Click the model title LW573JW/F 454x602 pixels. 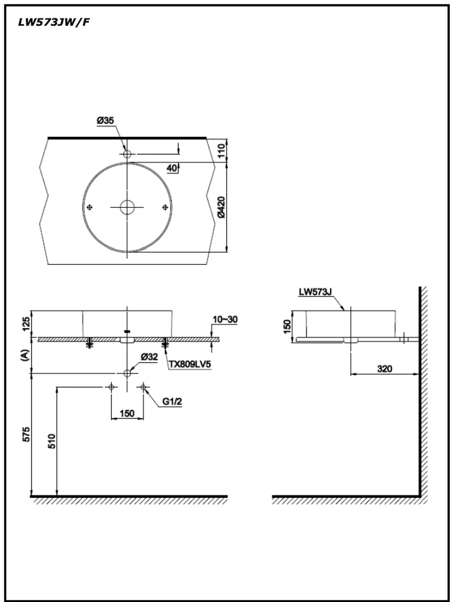coord(54,22)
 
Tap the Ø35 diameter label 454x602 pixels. coord(105,121)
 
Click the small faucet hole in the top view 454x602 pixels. coord(127,154)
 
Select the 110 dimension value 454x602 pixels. coord(222,150)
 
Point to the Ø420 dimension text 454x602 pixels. coord(222,208)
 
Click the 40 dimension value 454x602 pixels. coord(171,168)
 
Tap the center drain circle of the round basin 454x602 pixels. coord(127,207)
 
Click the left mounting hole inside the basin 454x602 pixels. coord(90,207)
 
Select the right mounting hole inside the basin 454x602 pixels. coord(165,207)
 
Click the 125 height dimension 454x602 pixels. coord(26,324)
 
